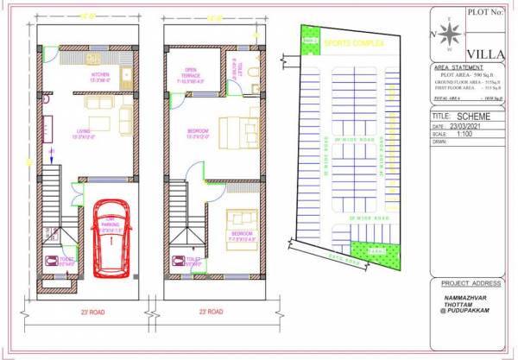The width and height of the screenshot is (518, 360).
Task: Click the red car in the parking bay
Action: pyautogui.click(x=111, y=235)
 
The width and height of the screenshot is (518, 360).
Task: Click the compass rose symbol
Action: pyautogui.click(x=448, y=34)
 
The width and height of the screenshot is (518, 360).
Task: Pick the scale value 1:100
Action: pyautogui.click(x=462, y=134)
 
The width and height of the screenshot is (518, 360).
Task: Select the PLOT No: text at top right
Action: pyautogui.click(x=484, y=13)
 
